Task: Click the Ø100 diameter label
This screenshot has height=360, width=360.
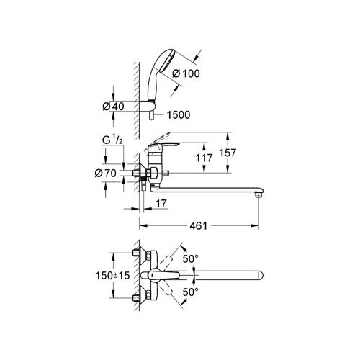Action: coord(186,73)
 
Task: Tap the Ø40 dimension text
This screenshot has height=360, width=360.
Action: coord(113,107)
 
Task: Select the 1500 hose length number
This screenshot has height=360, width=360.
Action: coord(179,115)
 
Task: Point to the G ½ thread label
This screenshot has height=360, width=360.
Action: coord(112,140)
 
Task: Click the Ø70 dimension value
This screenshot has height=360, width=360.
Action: coord(106,173)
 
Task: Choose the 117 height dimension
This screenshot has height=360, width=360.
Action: coord(204,158)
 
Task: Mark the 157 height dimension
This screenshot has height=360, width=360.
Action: coord(228,153)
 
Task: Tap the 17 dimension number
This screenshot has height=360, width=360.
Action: coord(161,204)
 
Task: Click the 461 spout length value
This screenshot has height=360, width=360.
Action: coord(198,226)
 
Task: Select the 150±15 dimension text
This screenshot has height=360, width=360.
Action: coord(112,276)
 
